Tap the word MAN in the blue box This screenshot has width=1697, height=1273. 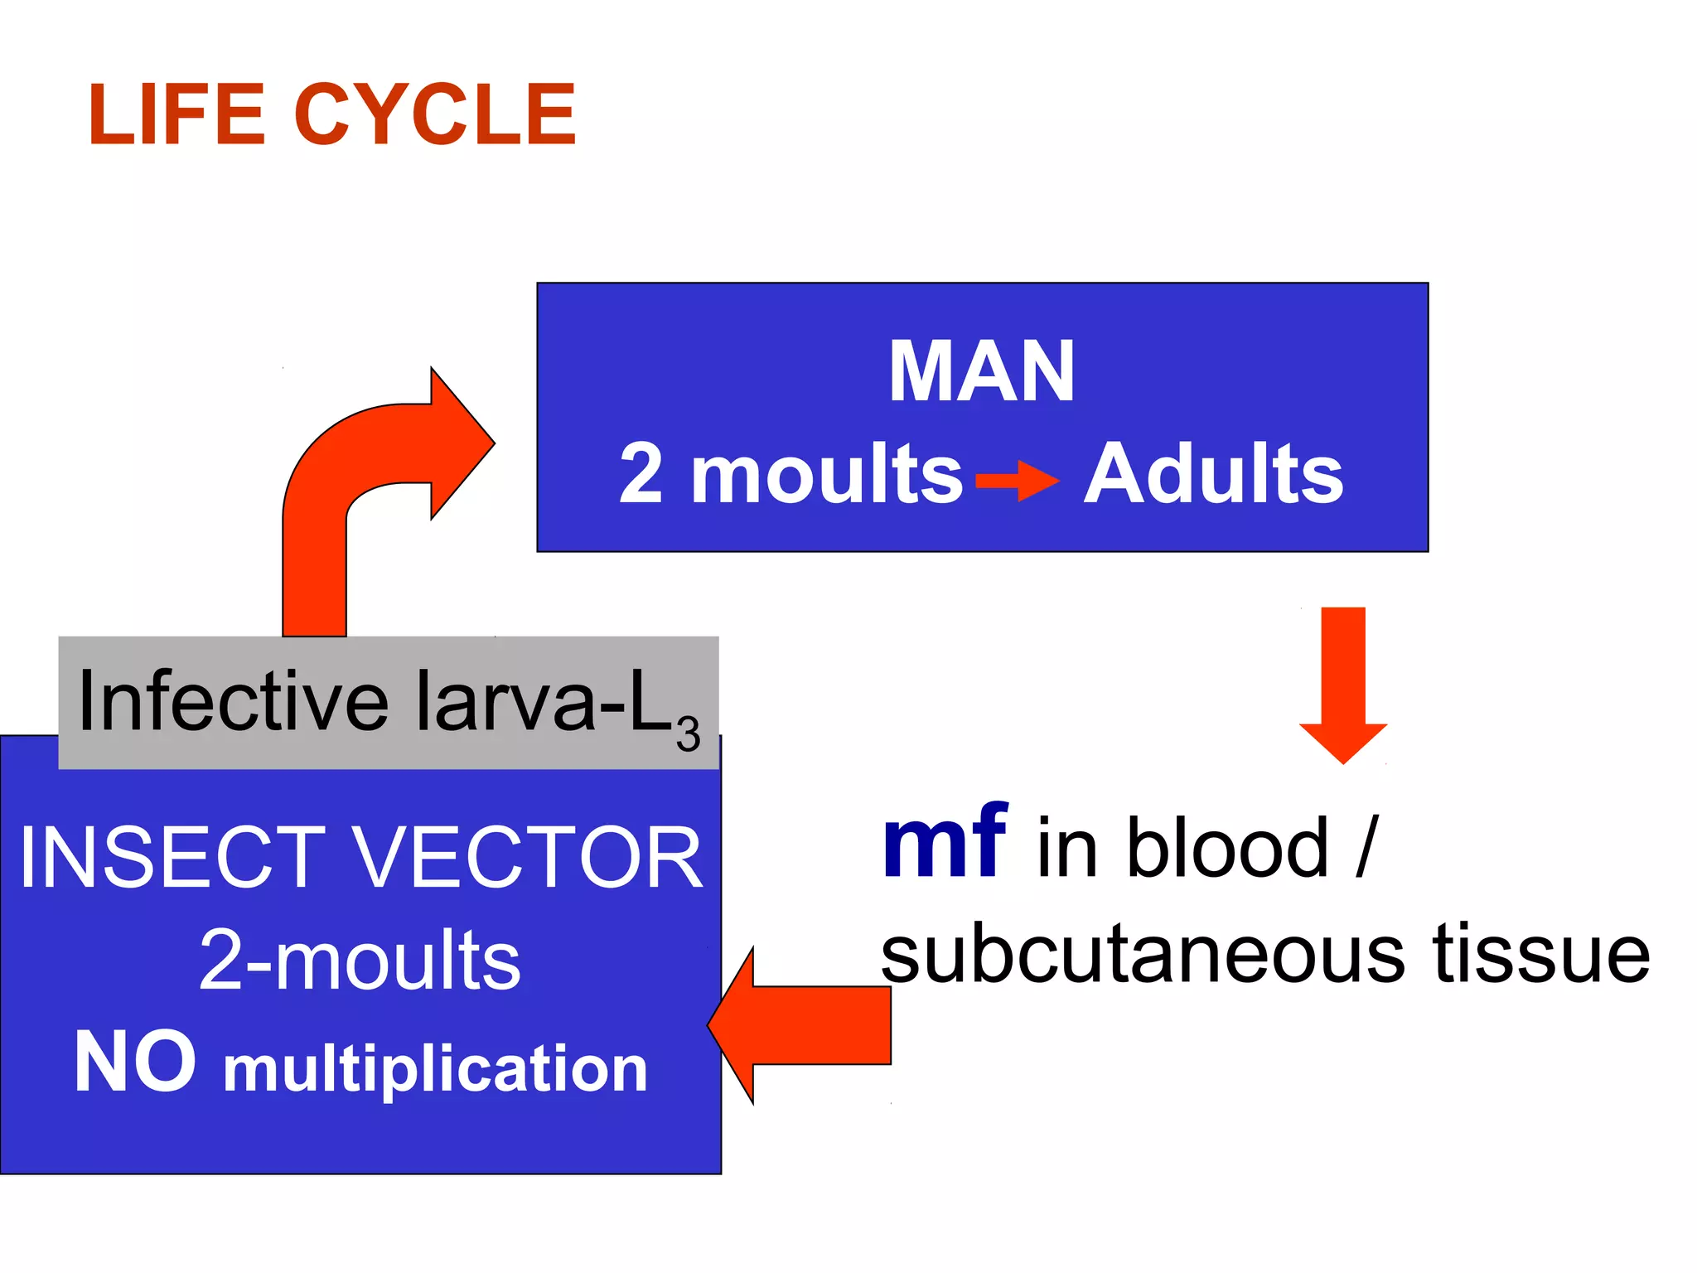pos(981,372)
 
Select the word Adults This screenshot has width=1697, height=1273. pos(1213,473)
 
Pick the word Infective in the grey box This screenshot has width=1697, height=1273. pos(233,701)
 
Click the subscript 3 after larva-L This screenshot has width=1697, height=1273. pos(688,734)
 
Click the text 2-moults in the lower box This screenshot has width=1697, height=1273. pos(360,961)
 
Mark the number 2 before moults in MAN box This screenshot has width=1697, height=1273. pos(641,473)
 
